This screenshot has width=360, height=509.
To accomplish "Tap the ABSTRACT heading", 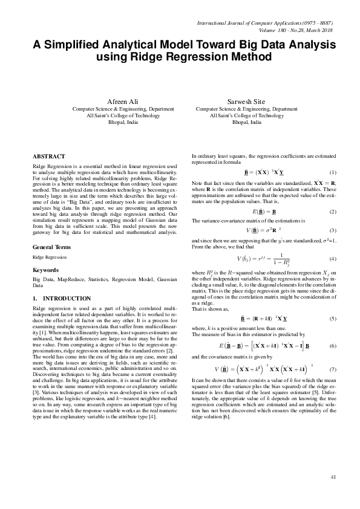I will pyautogui.click(x=49, y=155).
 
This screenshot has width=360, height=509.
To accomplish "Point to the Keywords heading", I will pyautogui.click(x=47, y=270).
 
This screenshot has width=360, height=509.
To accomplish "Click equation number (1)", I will pyautogui.click(x=333, y=173).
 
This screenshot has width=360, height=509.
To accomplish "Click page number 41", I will pyautogui.click(x=333, y=478).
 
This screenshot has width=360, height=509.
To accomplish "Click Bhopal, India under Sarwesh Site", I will pyautogui.click(x=247, y=122).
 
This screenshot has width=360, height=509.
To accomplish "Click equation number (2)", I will pyautogui.click(x=333, y=212).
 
